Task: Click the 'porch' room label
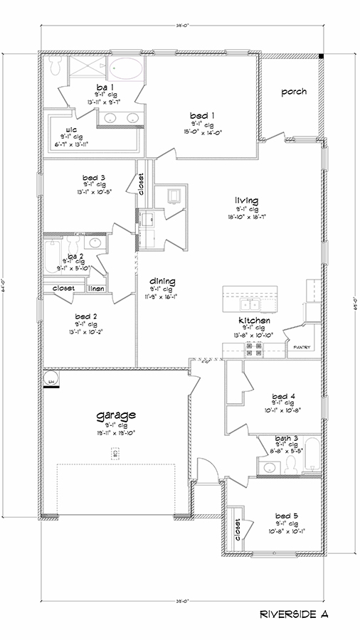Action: (x=293, y=92)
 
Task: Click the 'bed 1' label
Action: (x=201, y=114)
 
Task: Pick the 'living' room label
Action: (x=248, y=201)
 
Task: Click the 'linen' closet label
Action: (x=95, y=289)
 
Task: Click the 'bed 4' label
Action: (x=283, y=396)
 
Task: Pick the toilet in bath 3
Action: (x=292, y=464)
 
